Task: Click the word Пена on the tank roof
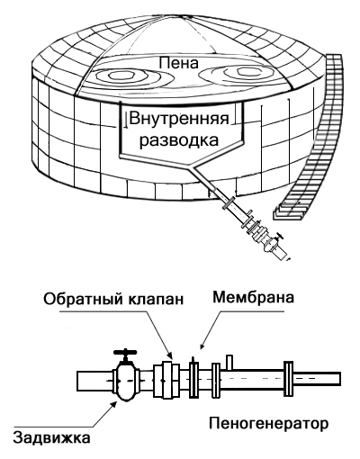[x=179, y=64]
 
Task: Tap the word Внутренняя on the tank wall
[x=179, y=120]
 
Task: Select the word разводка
[x=179, y=140]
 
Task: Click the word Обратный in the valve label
[x=80, y=300]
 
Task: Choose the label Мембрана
[x=253, y=298]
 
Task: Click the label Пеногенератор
[x=268, y=424]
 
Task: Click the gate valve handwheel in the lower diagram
[x=125, y=352]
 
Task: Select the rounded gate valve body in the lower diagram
[x=126, y=381]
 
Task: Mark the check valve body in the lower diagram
[x=166, y=381]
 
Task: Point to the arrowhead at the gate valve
[x=113, y=404]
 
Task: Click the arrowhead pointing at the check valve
[x=170, y=355]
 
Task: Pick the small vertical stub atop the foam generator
[x=229, y=363]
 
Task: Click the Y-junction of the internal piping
[x=192, y=166]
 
